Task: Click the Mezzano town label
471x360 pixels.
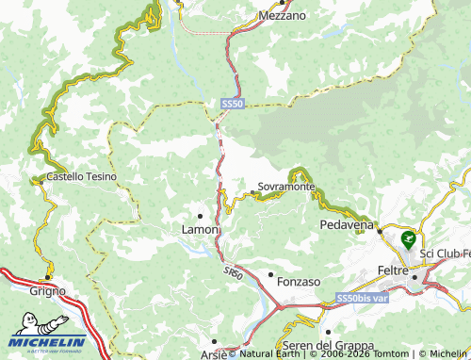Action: coord(283,16)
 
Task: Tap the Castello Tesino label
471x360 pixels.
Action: coord(80,176)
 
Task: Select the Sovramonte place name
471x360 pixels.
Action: coord(286,187)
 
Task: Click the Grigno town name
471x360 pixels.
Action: coord(48,291)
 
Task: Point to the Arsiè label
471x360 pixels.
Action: coord(213,354)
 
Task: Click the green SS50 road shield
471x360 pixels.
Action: coord(233,102)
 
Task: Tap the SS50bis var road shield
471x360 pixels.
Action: coord(362,299)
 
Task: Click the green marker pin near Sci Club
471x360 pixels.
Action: coord(408,238)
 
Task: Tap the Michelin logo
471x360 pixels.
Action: coord(43,343)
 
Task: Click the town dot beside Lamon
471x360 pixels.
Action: coord(200,216)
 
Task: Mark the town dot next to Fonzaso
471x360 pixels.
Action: coord(270,275)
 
